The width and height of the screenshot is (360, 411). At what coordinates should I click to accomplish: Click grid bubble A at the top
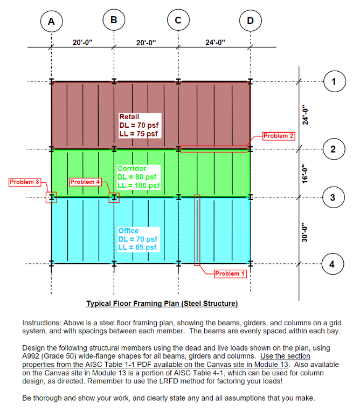pos(51,22)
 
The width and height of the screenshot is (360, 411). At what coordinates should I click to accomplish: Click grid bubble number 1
pos(334,82)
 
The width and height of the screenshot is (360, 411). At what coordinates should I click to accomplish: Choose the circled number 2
pos(334,149)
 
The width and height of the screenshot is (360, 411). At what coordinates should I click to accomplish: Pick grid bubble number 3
pos(334,197)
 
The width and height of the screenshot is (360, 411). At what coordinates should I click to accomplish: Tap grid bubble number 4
pos(334,264)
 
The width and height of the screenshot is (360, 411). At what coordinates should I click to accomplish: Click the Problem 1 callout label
pos(230,274)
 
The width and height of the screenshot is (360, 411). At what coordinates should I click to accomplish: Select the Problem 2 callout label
pos(279,135)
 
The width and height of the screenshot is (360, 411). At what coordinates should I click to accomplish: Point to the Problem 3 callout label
pos(25,182)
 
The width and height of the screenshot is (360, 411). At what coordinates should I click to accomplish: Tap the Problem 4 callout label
pos(85,182)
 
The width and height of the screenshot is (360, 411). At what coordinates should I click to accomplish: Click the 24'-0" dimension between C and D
pos(215,42)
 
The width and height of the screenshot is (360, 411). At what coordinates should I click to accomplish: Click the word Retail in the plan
pos(129,117)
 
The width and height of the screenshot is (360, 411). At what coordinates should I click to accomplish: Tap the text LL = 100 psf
pos(139,186)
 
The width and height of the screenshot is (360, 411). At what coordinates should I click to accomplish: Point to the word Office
pos(128,231)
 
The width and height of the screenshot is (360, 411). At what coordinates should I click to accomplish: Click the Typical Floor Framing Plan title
pos(162,303)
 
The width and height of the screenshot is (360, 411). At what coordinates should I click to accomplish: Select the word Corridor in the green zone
pos(131,169)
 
